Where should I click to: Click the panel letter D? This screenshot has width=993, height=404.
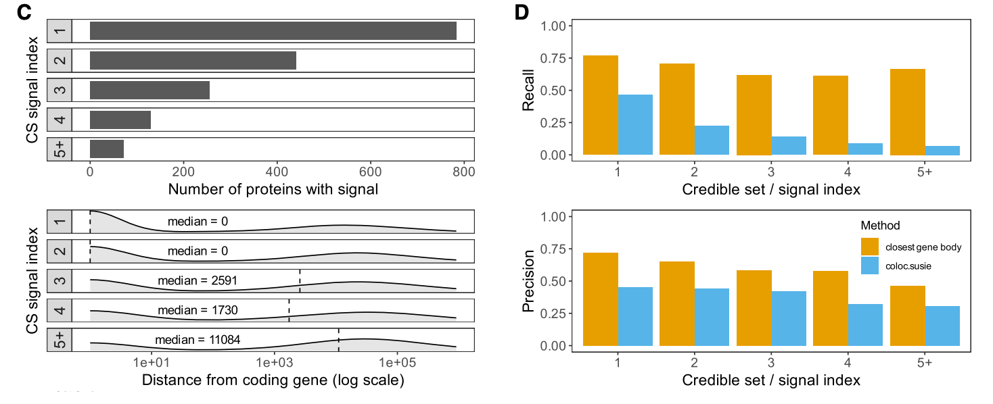point(522,11)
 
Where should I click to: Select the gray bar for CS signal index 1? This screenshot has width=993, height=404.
point(273,30)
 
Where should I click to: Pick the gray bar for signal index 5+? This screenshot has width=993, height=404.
point(107,149)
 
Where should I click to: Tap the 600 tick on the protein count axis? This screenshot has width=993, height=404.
point(370,173)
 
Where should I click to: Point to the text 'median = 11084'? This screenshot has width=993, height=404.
point(198,339)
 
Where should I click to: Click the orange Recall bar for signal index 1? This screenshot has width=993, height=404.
point(601,105)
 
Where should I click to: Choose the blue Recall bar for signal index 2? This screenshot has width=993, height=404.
point(712,140)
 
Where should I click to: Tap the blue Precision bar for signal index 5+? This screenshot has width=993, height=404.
point(942,326)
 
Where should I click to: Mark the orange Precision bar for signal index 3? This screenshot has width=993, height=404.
point(754,308)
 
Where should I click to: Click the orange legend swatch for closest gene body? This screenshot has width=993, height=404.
point(870,247)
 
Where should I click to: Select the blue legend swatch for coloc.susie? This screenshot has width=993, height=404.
point(870,266)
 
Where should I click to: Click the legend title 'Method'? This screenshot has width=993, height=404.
point(880,225)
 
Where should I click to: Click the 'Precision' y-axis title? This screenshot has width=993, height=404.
point(529,281)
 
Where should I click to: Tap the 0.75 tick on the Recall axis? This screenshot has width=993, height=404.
point(554,58)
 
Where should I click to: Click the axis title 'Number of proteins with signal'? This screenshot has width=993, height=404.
point(273,189)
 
